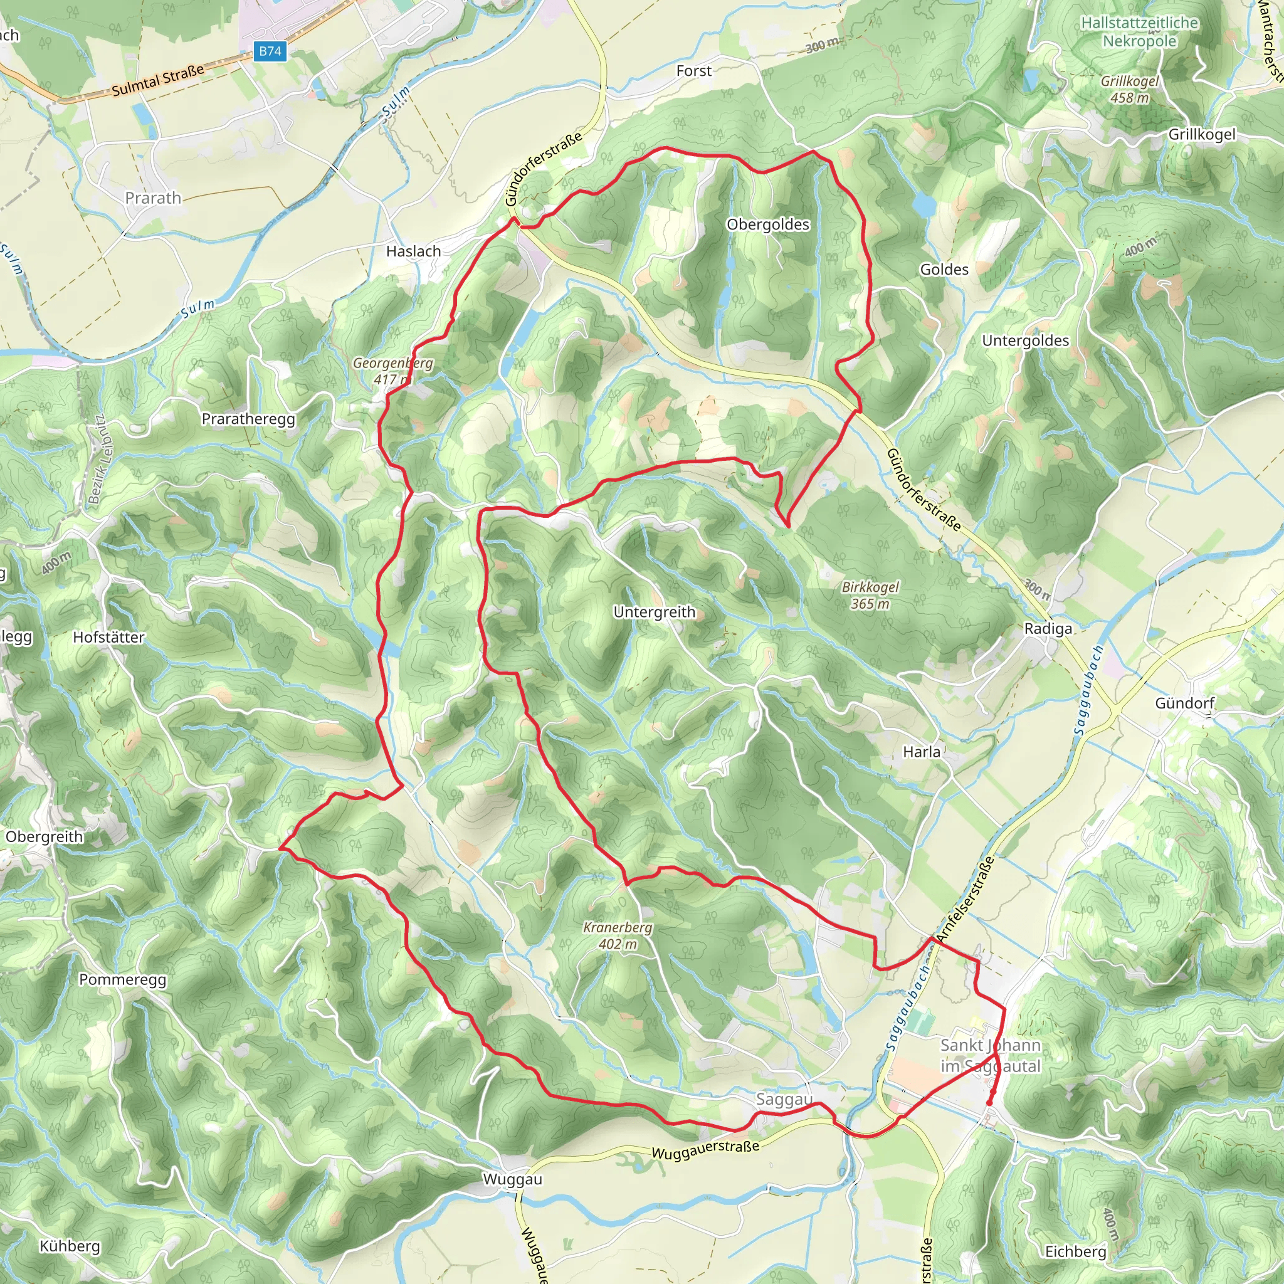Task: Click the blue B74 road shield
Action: click(270, 51)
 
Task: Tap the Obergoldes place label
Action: click(767, 224)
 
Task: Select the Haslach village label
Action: click(413, 251)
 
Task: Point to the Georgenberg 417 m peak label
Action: click(392, 371)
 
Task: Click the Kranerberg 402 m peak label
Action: click(618, 936)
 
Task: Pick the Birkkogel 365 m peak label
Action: click(870, 596)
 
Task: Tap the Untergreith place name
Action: click(654, 612)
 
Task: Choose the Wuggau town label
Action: click(512, 1180)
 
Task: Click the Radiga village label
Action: click(1048, 629)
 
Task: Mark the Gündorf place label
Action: click(1184, 703)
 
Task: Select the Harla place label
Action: click(921, 752)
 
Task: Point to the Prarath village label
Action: click(153, 198)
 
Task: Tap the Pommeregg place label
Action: click(122, 980)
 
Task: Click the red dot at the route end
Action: click(989, 1103)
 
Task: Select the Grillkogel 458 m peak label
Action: click(1129, 89)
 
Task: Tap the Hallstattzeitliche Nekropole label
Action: click(1139, 32)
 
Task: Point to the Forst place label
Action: click(693, 71)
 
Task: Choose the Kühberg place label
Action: click(70, 1246)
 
